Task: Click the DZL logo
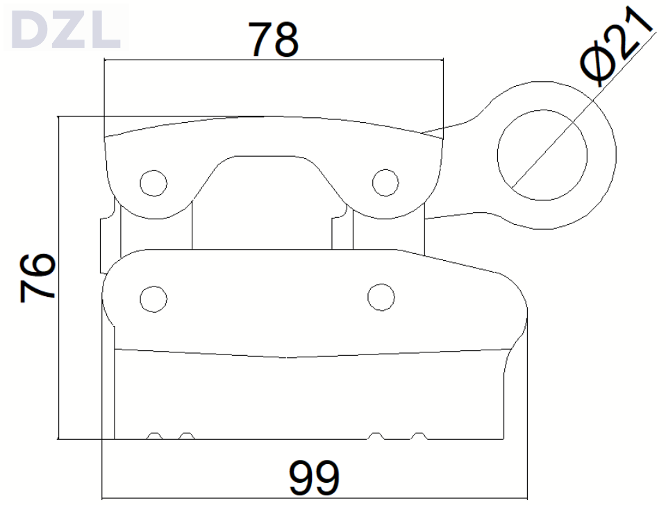[66, 27]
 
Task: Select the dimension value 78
[274, 40]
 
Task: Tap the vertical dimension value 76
[39, 277]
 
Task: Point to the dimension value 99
[315, 477]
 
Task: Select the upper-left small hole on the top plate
[153, 182]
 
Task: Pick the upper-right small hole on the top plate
[385, 182]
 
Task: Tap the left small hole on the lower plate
[153, 298]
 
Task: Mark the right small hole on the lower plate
[381, 297]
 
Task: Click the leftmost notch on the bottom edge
[155, 436]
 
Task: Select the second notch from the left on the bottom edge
[185, 436]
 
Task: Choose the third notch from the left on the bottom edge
[376, 436]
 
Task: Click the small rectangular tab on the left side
[106, 239]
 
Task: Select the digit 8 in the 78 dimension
[287, 40]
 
